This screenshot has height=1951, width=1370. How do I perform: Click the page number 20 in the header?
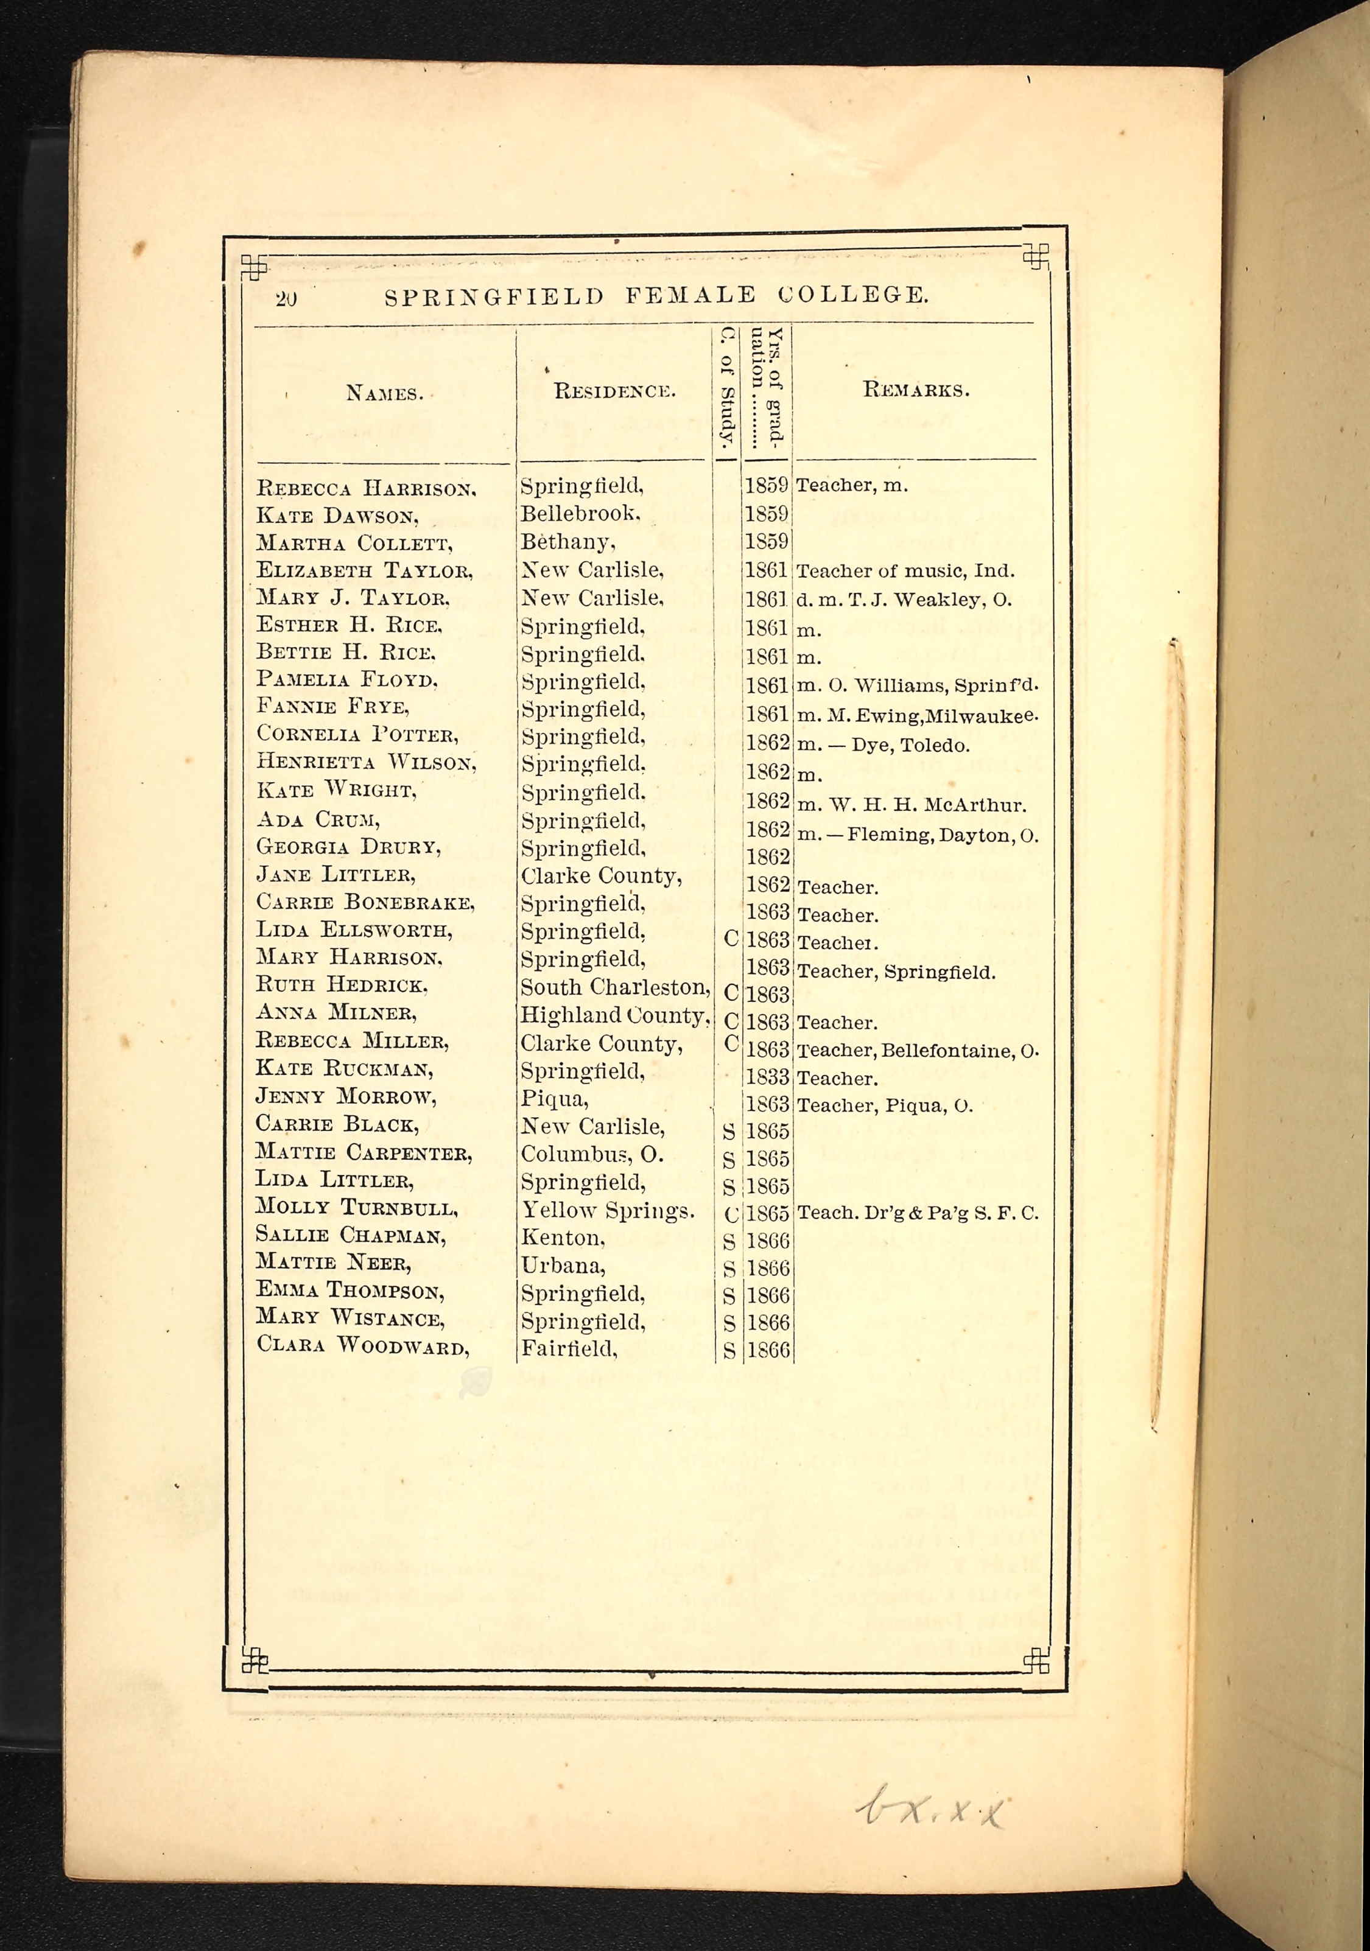[x=286, y=298]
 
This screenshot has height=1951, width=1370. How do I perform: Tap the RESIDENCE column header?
[x=614, y=392]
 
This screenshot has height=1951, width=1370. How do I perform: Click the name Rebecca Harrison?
[x=365, y=489]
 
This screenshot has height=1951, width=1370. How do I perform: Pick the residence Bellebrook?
[x=580, y=514]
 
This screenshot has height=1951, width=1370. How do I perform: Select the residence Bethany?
[x=567, y=542]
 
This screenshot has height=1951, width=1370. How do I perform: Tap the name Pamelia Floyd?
[x=346, y=680]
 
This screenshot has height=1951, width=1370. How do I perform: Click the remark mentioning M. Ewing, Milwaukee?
[x=916, y=715]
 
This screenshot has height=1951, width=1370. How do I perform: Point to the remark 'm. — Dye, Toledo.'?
[x=882, y=745]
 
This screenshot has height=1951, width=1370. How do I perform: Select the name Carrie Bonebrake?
[x=365, y=902]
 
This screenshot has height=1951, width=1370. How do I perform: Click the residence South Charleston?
[x=614, y=987]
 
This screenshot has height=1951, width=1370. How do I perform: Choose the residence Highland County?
[x=614, y=1015]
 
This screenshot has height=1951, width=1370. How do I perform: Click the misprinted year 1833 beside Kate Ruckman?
[x=767, y=1077]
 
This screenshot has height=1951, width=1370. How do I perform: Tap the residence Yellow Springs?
[x=607, y=1210]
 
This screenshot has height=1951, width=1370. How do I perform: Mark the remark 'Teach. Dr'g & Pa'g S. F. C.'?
[x=917, y=1213]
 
